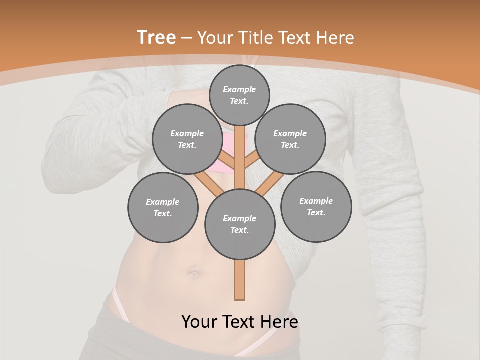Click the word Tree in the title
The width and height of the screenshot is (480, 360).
156,37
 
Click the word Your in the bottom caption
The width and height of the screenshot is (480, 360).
200,322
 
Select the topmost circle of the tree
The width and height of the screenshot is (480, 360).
239,95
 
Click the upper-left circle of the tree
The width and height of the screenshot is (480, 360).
187,139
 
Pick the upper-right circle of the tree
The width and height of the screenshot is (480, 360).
290,139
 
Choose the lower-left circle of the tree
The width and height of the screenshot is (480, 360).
163,208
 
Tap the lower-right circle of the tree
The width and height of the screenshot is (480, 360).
316,207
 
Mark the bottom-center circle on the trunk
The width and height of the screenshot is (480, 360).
240,224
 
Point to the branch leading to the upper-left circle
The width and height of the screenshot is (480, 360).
228,163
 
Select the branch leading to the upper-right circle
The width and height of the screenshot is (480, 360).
251,162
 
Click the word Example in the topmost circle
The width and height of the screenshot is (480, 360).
239,89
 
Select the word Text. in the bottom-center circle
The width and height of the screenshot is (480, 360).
239,230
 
